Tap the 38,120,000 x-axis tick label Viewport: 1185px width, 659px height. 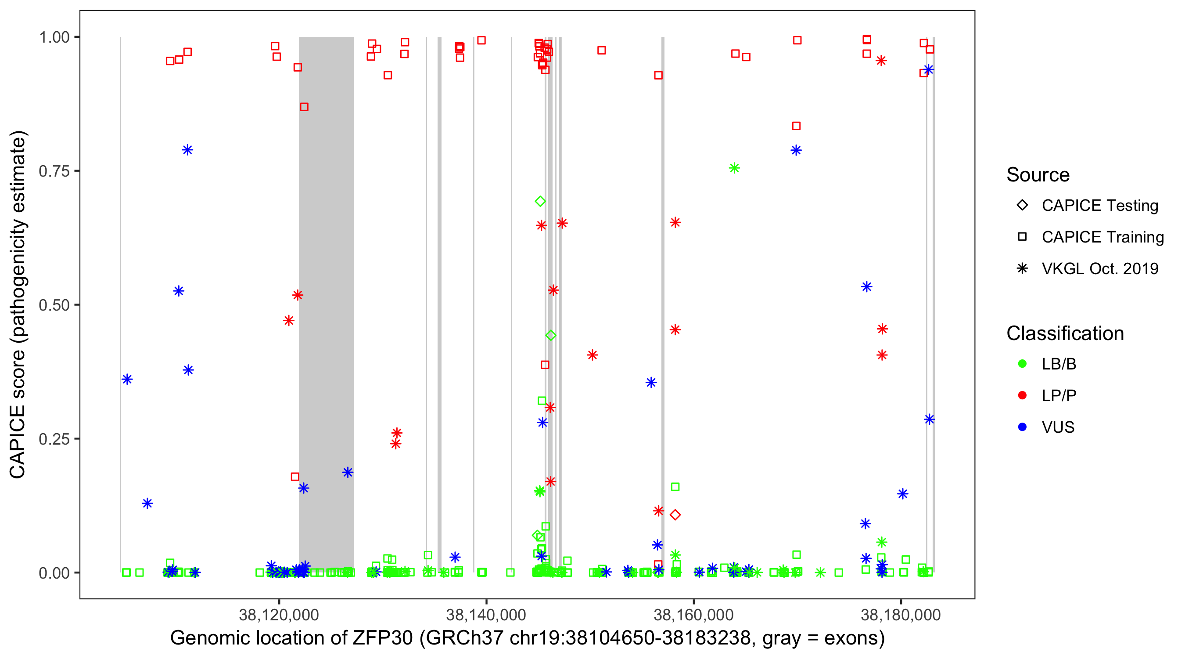pyautogui.click(x=279, y=615)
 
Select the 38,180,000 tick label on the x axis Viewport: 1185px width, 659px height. pyautogui.click(x=901, y=615)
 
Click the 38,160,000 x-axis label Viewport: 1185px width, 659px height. pyautogui.click(x=693, y=615)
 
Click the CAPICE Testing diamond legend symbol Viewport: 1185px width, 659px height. pyautogui.click(x=1022, y=206)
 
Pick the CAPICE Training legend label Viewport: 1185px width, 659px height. pyautogui.click(x=1102, y=237)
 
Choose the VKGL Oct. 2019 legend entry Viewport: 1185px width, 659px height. pyautogui.click(x=1099, y=269)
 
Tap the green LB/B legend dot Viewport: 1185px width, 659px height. pyautogui.click(x=1022, y=364)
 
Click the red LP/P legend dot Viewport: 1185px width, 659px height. pyautogui.click(x=1022, y=395)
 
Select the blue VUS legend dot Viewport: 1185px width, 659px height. pyautogui.click(x=1022, y=427)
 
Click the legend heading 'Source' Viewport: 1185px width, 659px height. pyautogui.click(x=1038, y=175)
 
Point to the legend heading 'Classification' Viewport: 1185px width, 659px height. pyautogui.click(x=1064, y=333)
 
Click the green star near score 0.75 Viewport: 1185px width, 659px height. pyautogui.click(x=734, y=168)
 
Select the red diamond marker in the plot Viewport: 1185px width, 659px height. pyautogui.click(x=675, y=515)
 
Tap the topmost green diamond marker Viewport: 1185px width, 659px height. pyautogui.click(x=540, y=201)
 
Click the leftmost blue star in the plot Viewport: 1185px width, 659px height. pyautogui.click(x=127, y=380)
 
